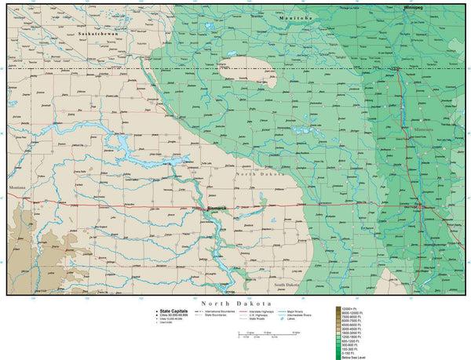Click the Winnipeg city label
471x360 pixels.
tap(413, 6)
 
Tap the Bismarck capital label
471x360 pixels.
tap(216, 208)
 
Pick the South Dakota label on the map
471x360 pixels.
tap(286, 285)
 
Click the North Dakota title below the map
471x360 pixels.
tap(235, 303)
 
